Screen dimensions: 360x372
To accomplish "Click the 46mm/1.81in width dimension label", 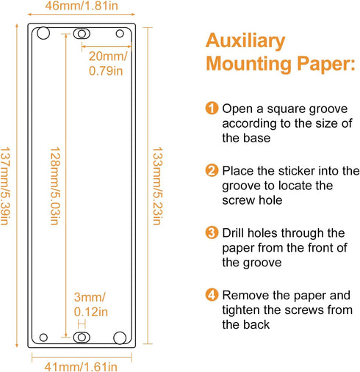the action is coord(82,5).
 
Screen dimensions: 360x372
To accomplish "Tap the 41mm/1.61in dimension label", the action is coord(81,367).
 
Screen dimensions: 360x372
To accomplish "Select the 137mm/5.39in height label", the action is coord(5,186).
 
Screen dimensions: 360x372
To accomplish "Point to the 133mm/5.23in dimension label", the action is coord(157,186).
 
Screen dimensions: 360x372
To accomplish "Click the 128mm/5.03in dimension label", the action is coord(55,186).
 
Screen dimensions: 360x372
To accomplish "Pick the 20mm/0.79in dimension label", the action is coord(108,64).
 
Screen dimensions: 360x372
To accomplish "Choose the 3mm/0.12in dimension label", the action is coord(91,304).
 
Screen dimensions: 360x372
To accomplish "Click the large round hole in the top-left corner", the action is coord(43,33).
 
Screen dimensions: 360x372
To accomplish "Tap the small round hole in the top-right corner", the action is coord(120,34).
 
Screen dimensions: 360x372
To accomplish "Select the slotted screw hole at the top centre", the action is coord(82,34).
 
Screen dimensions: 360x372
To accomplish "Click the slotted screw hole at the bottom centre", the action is coord(82,338).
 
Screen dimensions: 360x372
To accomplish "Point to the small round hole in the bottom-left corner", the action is coord(43,338).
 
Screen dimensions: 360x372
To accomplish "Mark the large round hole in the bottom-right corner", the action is coord(120,338).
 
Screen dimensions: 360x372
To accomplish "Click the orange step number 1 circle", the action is coord(212,108).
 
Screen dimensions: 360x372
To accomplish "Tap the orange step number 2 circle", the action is coord(212,170).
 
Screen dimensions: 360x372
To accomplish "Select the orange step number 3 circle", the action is coord(212,233).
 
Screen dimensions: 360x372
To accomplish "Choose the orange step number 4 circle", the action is coord(212,295).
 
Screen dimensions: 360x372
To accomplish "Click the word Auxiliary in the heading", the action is coord(245,41).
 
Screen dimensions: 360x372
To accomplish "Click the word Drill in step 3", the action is coord(234,233).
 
